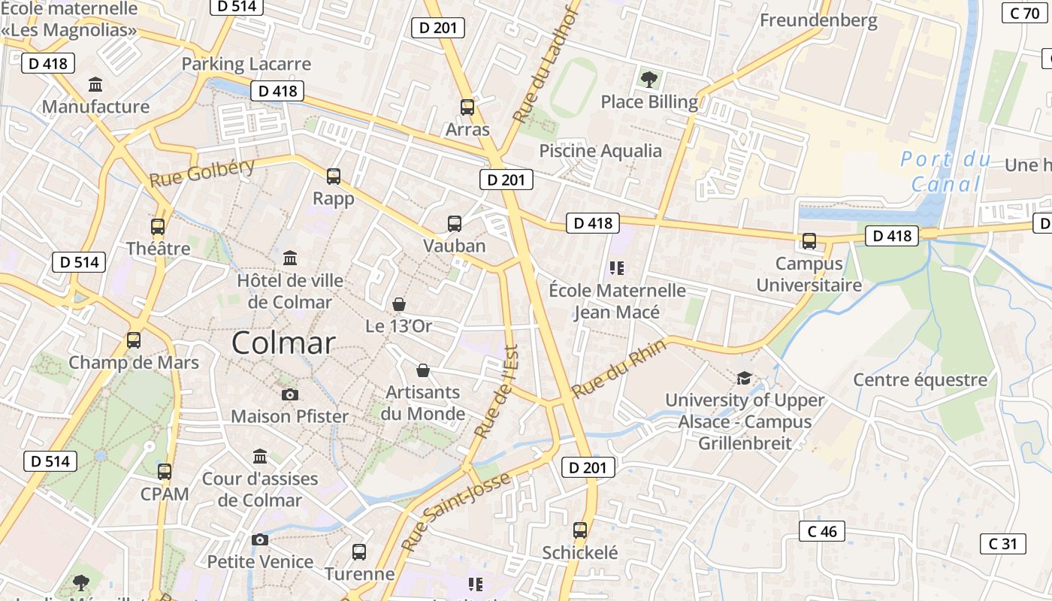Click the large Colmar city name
(283, 343)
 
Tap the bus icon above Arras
(467, 107)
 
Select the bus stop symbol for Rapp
(334, 177)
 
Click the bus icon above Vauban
(455, 223)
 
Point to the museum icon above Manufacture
(95, 84)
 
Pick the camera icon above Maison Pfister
(289, 394)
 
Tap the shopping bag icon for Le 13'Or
(399, 304)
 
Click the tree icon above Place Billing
(648, 79)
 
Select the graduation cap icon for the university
(744, 377)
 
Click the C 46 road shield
(821, 531)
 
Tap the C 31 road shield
(1002, 543)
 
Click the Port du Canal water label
(946, 172)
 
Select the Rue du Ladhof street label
(546, 67)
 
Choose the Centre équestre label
(920, 379)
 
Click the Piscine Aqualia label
(600, 151)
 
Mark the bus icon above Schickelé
(580, 530)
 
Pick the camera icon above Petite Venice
(260, 539)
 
